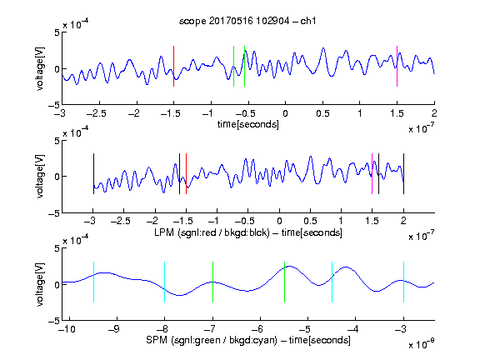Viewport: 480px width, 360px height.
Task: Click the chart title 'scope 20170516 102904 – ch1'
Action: [247, 21]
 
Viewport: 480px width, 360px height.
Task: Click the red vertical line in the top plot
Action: [173, 66]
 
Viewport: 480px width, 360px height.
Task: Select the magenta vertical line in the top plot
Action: [397, 66]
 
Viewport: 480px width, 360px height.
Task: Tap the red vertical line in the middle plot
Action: [186, 173]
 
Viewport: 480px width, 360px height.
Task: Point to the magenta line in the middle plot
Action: [372, 173]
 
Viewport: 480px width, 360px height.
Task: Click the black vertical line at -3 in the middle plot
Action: [93, 173]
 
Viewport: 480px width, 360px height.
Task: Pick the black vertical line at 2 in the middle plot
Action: [403, 173]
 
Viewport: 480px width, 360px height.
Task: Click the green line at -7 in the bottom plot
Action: [212, 282]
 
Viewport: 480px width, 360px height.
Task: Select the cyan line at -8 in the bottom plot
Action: [165, 282]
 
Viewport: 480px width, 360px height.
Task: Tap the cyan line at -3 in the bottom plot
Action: [403, 282]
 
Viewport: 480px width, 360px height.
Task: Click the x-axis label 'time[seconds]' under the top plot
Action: [248, 124]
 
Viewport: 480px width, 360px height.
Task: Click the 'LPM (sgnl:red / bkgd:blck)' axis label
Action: [212, 232]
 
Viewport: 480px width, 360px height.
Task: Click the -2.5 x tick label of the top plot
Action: [97, 113]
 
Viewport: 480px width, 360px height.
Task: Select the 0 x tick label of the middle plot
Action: [279, 221]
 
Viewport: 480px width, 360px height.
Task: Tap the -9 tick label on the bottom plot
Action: [114, 329]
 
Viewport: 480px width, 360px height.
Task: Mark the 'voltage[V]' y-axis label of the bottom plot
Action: [40, 284]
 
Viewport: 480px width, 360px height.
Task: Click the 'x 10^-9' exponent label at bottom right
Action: [422, 343]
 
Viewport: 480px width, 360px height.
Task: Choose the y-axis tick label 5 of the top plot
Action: [57, 32]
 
